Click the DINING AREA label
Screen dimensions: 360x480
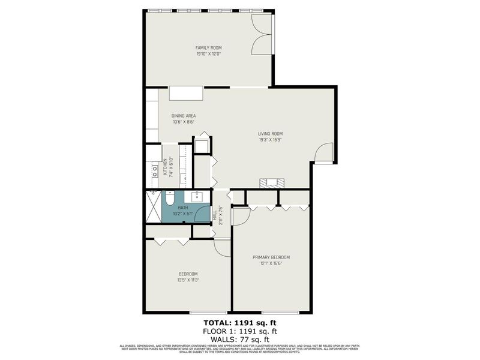184,116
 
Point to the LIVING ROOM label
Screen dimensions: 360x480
270,134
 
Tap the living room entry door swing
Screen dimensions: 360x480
324,152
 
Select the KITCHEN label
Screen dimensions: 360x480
165,167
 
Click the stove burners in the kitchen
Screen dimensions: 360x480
153,169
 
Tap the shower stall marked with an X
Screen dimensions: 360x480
152,206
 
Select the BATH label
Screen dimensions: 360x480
183,208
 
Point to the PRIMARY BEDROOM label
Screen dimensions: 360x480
271,257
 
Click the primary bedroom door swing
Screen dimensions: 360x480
239,216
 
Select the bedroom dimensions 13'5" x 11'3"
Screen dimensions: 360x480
187,280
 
